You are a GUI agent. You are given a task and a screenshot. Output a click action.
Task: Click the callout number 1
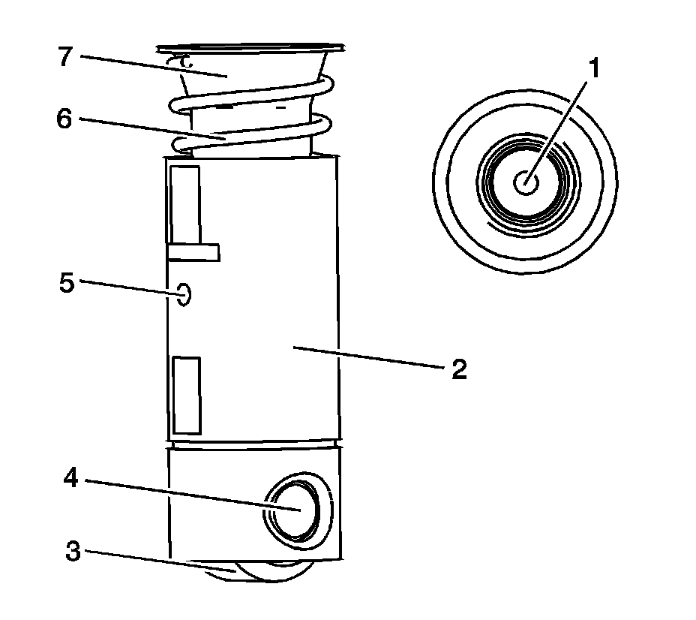[x=593, y=69]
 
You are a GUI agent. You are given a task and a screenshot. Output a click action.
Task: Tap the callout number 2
[x=459, y=369]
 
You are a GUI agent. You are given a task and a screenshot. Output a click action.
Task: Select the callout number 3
[x=73, y=552]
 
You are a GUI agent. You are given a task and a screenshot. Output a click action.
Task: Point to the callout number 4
[x=72, y=478]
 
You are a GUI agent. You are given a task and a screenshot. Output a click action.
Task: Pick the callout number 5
[x=67, y=284]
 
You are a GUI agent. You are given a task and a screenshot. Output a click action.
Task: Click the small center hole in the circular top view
[x=526, y=182]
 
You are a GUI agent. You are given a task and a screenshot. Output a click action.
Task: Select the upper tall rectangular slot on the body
[x=184, y=204]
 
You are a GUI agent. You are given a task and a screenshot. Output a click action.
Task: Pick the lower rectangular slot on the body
[x=186, y=396]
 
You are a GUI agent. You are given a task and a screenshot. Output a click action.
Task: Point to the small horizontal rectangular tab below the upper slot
[x=193, y=252]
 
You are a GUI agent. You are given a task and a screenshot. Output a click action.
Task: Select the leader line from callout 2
[x=367, y=357]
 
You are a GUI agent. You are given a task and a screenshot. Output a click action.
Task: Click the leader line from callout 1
[x=559, y=128]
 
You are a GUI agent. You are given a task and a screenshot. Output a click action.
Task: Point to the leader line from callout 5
[x=127, y=287]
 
